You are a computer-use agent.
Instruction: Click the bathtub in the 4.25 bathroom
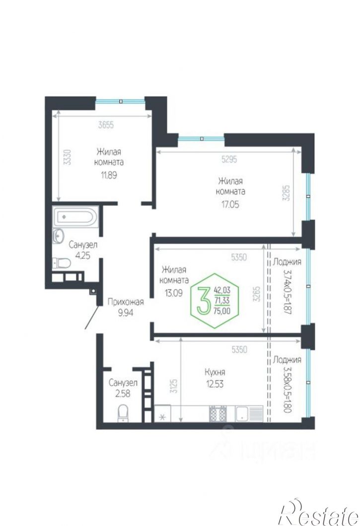(x=75, y=217)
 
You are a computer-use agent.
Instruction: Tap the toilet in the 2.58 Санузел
(x=123, y=413)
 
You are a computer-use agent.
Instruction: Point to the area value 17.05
(x=230, y=204)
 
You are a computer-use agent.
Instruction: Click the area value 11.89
(x=109, y=175)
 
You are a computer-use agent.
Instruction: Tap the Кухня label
(x=215, y=372)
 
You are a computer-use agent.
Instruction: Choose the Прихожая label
(x=125, y=302)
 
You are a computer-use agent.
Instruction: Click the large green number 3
(x=203, y=300)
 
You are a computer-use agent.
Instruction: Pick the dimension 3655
(x=106, y=125)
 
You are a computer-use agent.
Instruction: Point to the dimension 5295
(x=229, y=159)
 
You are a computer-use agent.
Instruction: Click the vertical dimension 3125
(x=173, y=386)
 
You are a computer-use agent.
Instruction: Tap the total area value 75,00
(x=221, y=311)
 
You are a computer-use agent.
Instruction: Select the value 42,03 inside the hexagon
(x=222, y=289)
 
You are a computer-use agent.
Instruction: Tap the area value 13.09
(x=173, y=293)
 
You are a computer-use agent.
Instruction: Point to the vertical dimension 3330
(x=68, y=157)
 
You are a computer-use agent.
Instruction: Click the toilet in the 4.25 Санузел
(x=62, y=263)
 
